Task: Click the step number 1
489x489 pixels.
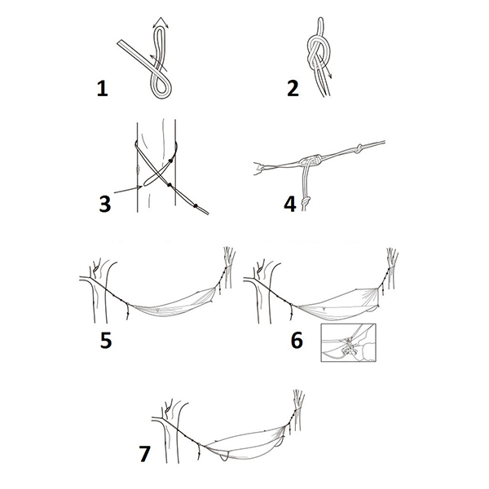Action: [103, 88]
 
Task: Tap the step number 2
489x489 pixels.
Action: [293, 88]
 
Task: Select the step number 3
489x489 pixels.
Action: [105, 204]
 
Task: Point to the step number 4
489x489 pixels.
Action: [290, 205]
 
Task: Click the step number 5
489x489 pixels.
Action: [106, 340]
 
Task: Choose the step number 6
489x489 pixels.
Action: [297, 340]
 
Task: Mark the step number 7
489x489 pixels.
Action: [145, 454]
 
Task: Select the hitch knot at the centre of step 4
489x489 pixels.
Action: [311, 160]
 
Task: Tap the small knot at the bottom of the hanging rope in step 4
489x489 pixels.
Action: [306, 200]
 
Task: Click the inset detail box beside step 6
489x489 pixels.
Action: [348, 342]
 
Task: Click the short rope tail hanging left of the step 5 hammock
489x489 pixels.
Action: [128, 311]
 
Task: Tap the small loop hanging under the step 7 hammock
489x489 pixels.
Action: [223, 456]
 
